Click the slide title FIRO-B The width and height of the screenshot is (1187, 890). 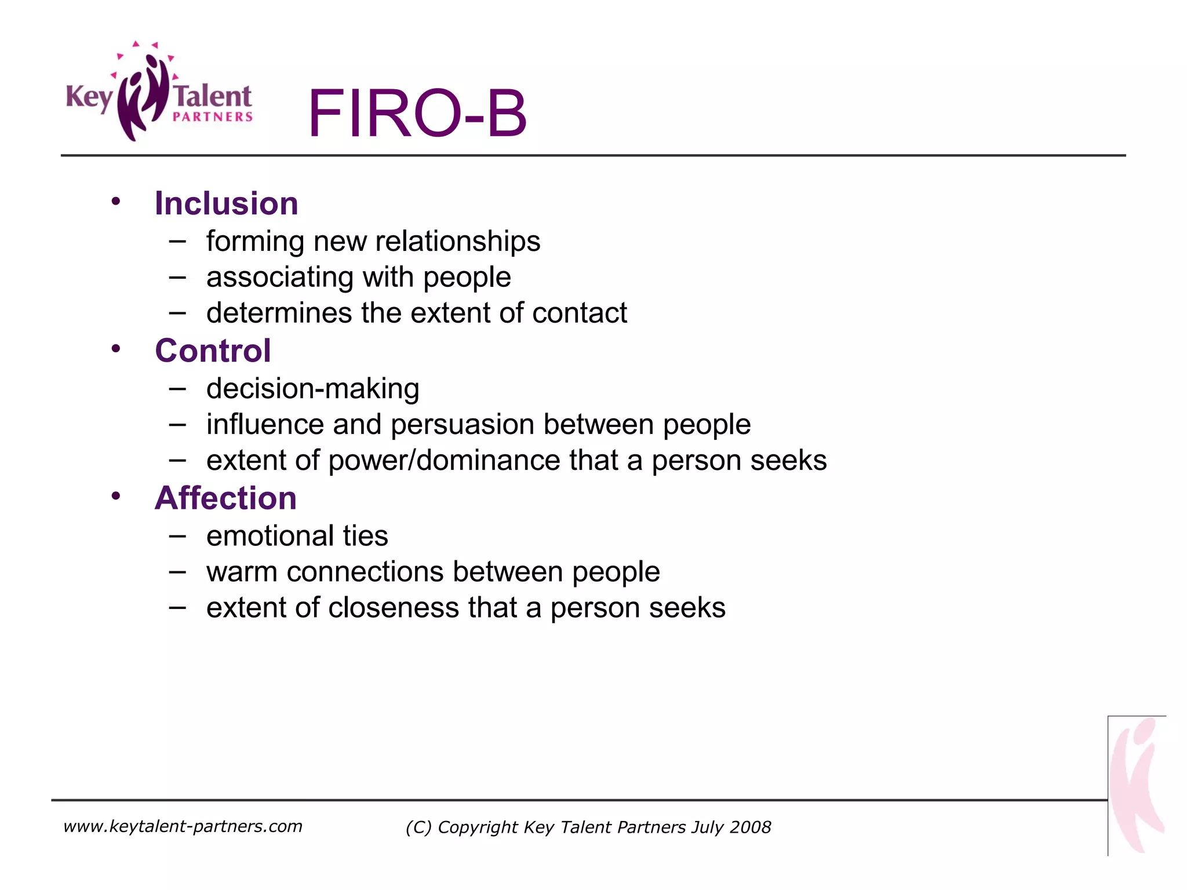click(417, 113)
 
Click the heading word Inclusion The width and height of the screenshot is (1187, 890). click(226, 203)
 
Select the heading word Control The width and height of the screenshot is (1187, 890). click(213, 351)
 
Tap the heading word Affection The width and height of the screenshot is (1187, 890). click(225, 498)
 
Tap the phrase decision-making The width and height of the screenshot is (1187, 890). click(312, 388)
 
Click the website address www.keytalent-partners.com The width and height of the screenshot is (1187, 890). click(183, 826)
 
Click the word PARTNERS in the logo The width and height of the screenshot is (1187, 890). click(213, 117)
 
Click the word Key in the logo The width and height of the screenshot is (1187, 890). click(88, 97)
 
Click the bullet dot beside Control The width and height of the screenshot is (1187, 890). click(116, 349)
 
